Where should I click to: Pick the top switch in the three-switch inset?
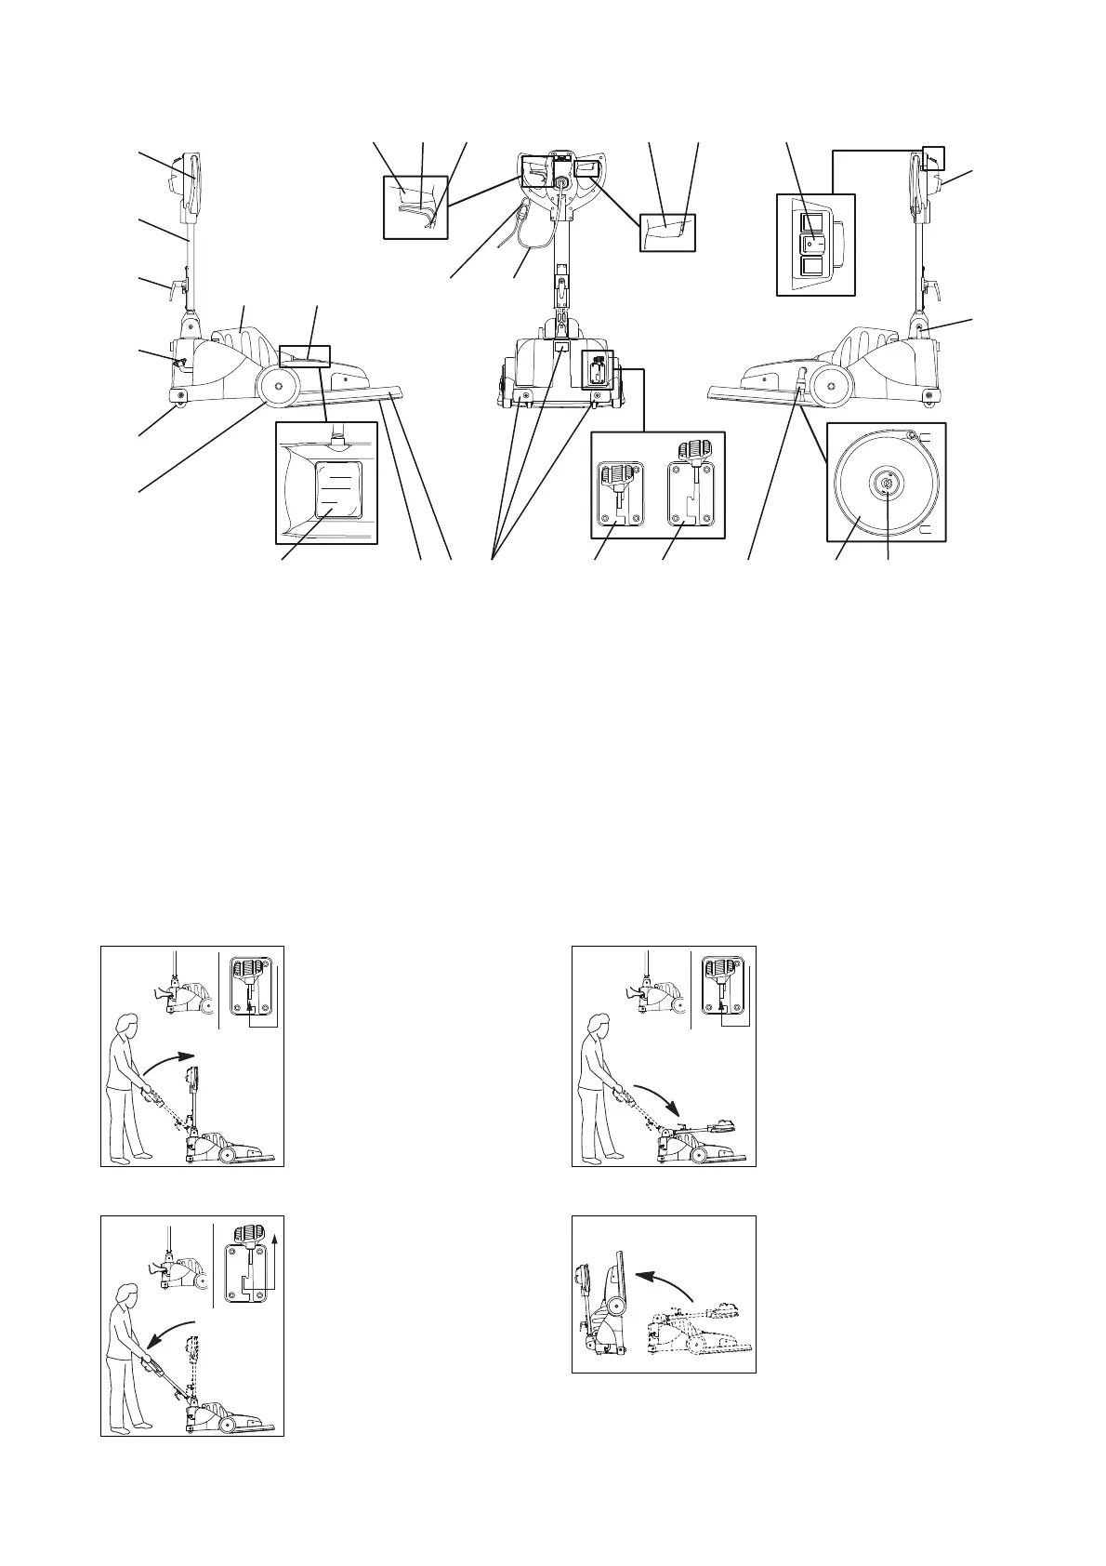coord(813,221)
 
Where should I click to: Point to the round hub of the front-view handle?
coord(561,184)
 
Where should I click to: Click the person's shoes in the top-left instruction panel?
coord(130,1157)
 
